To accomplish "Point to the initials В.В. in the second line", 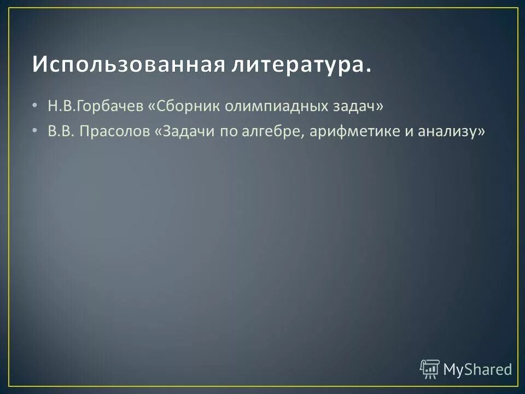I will pos(60,132).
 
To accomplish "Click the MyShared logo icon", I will pos(430,369).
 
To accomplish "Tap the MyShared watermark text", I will pos(477,369).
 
